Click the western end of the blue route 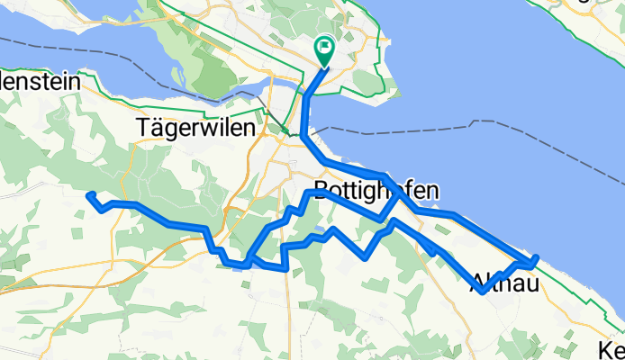point(88,194)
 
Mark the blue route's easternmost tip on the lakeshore point(536,257)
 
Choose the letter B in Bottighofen point(322,191)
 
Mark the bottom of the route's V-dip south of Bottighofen point(365,256)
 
